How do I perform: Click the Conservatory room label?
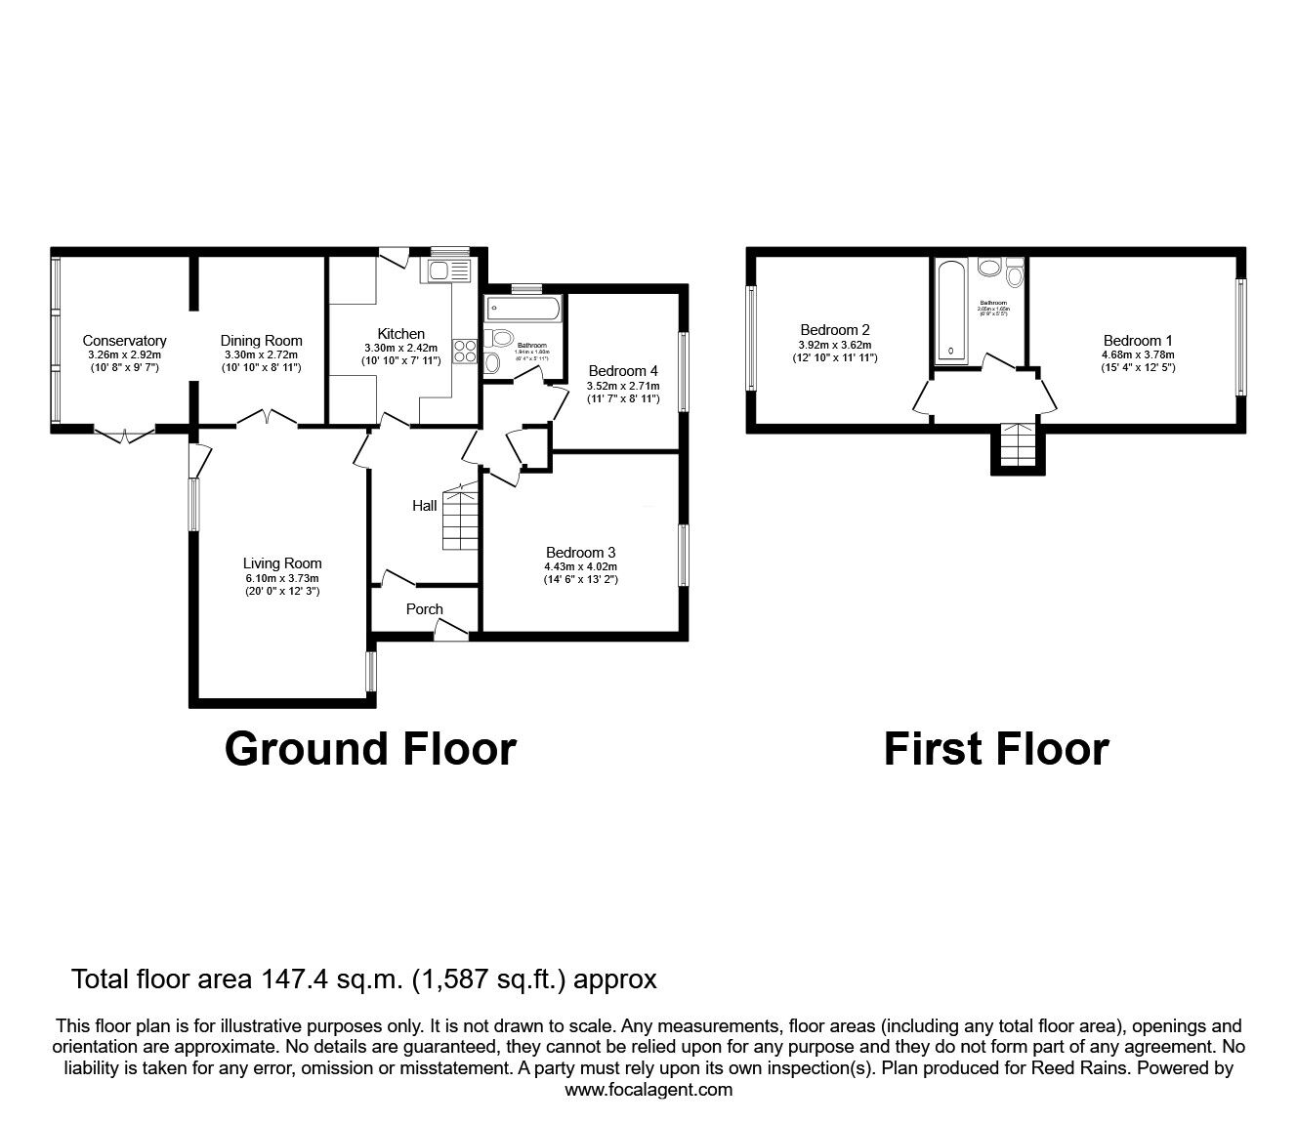124,341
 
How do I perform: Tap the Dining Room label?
261,341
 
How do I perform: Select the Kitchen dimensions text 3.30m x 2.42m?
400,348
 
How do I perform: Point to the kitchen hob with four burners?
464,351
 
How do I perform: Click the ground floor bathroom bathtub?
523,309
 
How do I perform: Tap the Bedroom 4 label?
623,371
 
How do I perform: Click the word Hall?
424,506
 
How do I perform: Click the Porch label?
424,609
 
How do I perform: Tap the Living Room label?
282,563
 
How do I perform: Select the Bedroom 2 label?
834,330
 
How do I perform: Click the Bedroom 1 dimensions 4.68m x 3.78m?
1138,354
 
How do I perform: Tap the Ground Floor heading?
370,749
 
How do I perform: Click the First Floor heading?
996,749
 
